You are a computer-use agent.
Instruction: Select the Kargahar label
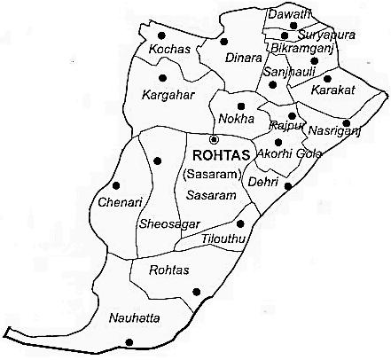click(x=168, y=92)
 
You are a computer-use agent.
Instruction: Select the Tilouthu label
click(x=224, y=239)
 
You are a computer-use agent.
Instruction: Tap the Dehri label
click(x=264, y=181)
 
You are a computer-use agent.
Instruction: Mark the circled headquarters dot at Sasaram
click(x=213, y=139)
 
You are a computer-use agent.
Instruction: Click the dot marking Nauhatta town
click(x=129, y=342)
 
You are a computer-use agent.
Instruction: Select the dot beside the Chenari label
click(x=115, y=186)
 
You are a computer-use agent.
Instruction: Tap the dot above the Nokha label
click(x=241, y=106)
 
